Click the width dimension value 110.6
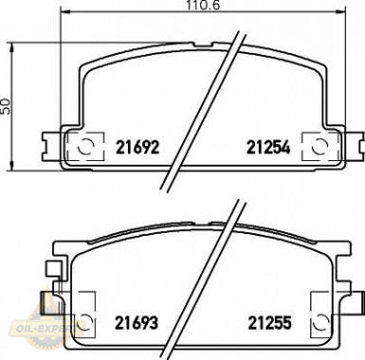tap(203, 5)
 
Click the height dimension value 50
tap(6, 106)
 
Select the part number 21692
tap(137, 147)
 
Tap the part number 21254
tap(268, 147)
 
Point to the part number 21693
tap(137, 323)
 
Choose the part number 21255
tap(269, 323)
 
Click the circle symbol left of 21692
tap(85, 147)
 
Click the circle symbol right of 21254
tap(319, 147)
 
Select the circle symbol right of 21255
tap(320, 322)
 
